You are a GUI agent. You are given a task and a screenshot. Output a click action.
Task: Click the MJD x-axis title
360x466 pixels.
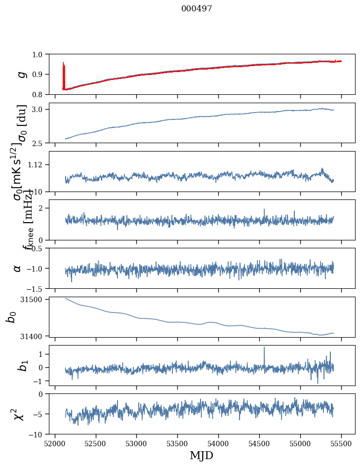click(x=201, y=455)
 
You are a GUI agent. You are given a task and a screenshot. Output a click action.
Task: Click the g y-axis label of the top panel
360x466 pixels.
click(x=21, y=74)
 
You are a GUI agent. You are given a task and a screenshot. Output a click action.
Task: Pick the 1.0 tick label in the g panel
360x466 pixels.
click(x=39, y=54)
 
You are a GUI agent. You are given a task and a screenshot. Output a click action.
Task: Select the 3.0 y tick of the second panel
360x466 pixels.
click(x=39, y=109)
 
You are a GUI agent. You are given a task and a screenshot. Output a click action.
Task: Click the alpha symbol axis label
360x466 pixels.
click(x=18, y=268)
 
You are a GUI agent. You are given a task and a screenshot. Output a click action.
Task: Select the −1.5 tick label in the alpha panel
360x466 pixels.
click(x=36, y=288)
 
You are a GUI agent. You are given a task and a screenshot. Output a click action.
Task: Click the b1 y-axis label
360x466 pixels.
click(x=21, y=365)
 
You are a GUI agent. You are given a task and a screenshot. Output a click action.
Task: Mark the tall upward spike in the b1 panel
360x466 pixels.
click(x=264, y=349)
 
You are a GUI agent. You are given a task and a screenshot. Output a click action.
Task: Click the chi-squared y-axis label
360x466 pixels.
click(x=19, y=414)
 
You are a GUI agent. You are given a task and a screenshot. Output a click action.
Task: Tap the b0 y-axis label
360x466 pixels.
click(x=11, y=316)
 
